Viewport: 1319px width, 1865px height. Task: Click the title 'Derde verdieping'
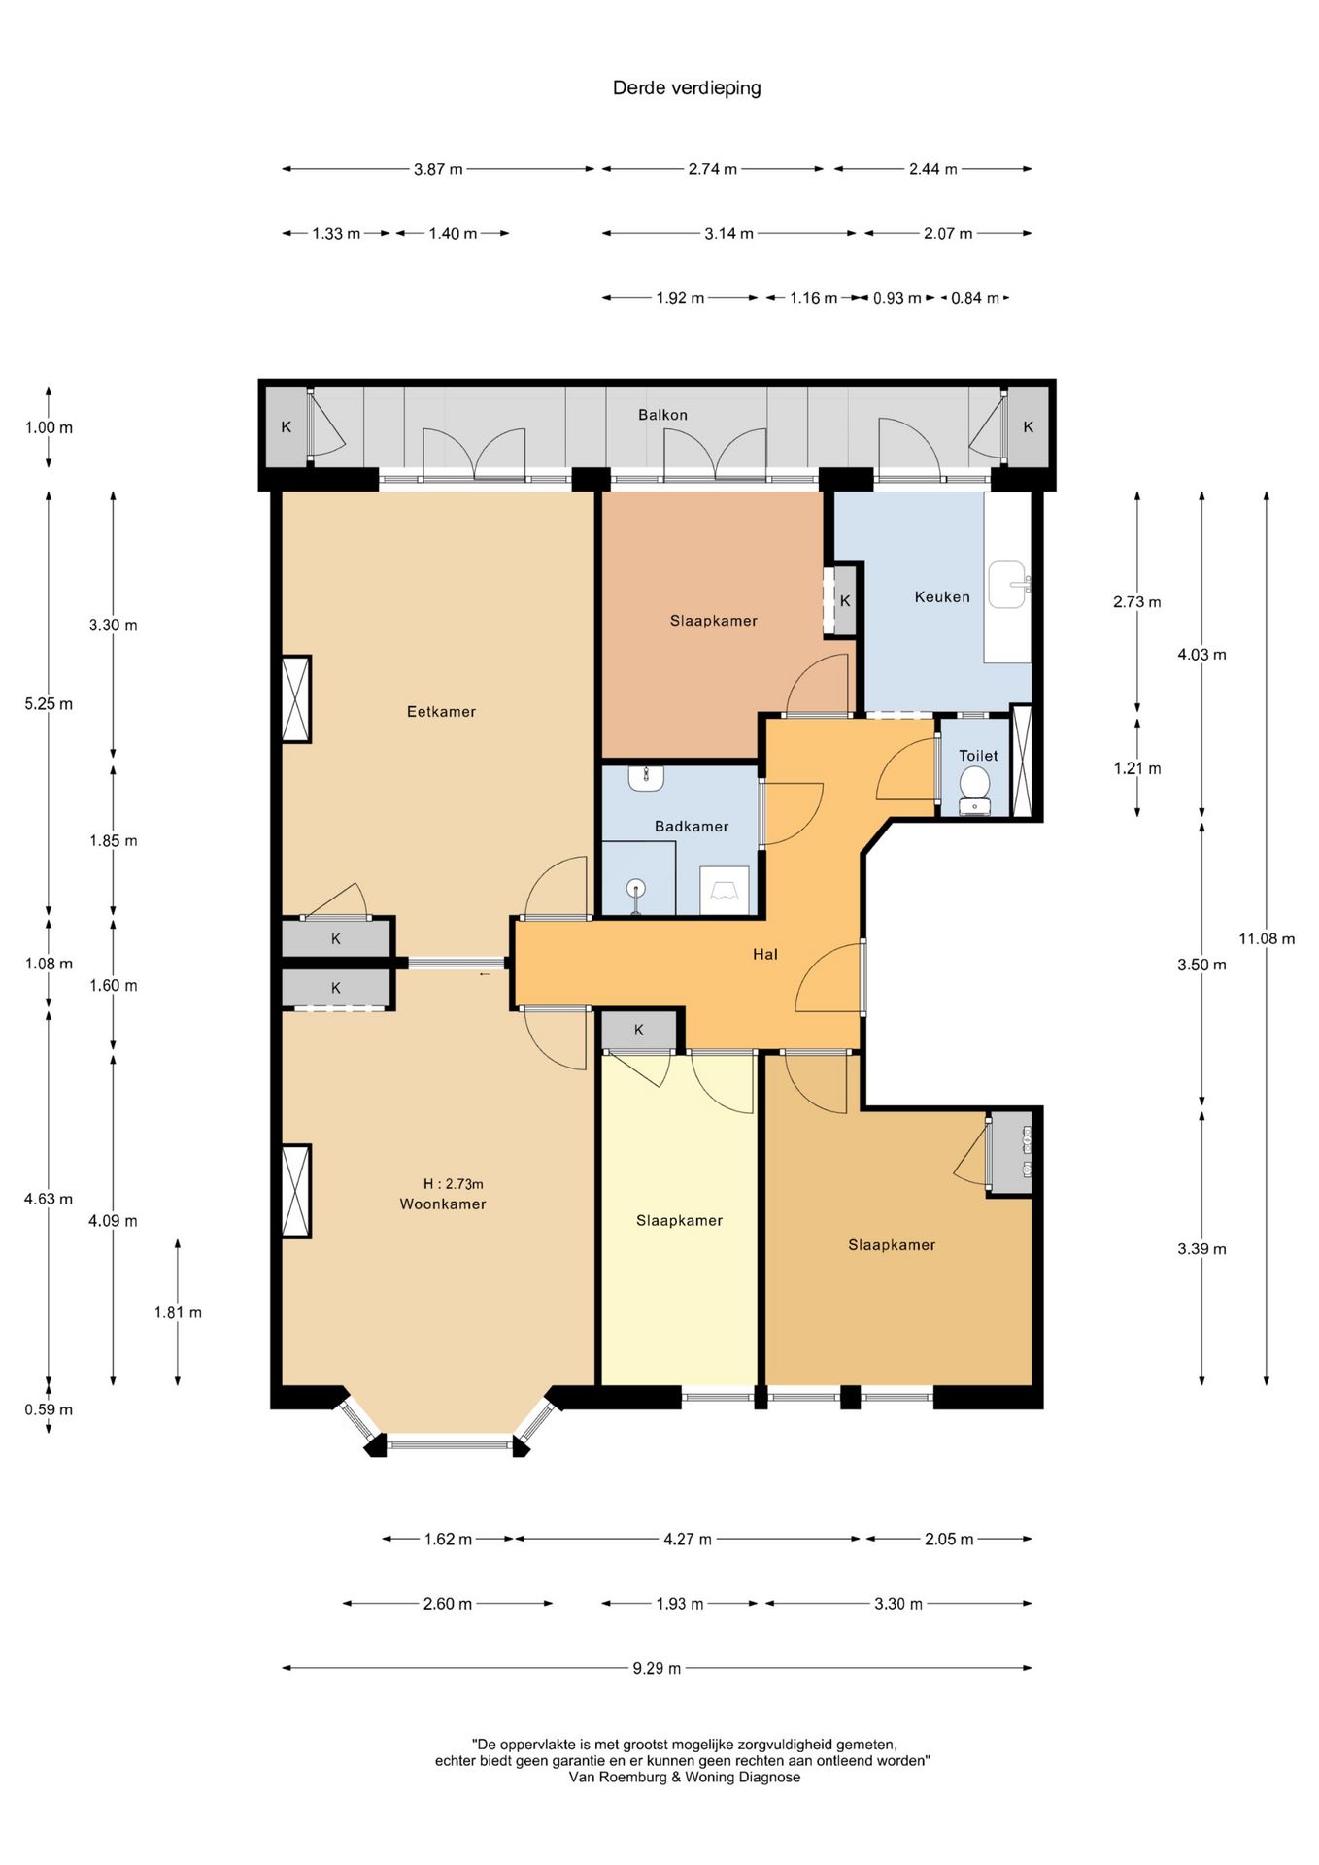coord(687,88)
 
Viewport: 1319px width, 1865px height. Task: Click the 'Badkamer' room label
coord(691,827)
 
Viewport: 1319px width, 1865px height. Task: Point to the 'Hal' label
coord(765,955)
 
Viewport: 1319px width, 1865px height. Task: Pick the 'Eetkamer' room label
coord(441,712)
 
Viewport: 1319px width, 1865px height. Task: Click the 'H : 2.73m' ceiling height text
coord(453,1184)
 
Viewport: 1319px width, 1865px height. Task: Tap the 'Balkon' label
coord(662,415)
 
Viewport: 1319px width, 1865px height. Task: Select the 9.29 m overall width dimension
coord(657,1668)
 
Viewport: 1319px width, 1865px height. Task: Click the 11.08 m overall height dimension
coord(1267,938)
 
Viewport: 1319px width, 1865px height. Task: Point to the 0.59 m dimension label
coord(49,1409)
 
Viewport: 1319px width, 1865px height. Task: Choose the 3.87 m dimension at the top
coord(438,169)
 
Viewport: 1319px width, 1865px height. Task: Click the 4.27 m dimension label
coord(688,1539)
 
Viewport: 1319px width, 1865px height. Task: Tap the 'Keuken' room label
coord(942,597)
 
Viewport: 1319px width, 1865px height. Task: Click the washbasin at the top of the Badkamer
coord(646,777)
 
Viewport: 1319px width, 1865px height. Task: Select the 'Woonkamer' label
coord(443,1204)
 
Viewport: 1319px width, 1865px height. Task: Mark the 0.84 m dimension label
coord(975,298)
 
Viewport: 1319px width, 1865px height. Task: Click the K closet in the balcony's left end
coord(287,426)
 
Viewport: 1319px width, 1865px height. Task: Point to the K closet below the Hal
coord(639,1030)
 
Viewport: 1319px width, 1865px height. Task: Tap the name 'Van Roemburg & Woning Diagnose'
coord(685,1777)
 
